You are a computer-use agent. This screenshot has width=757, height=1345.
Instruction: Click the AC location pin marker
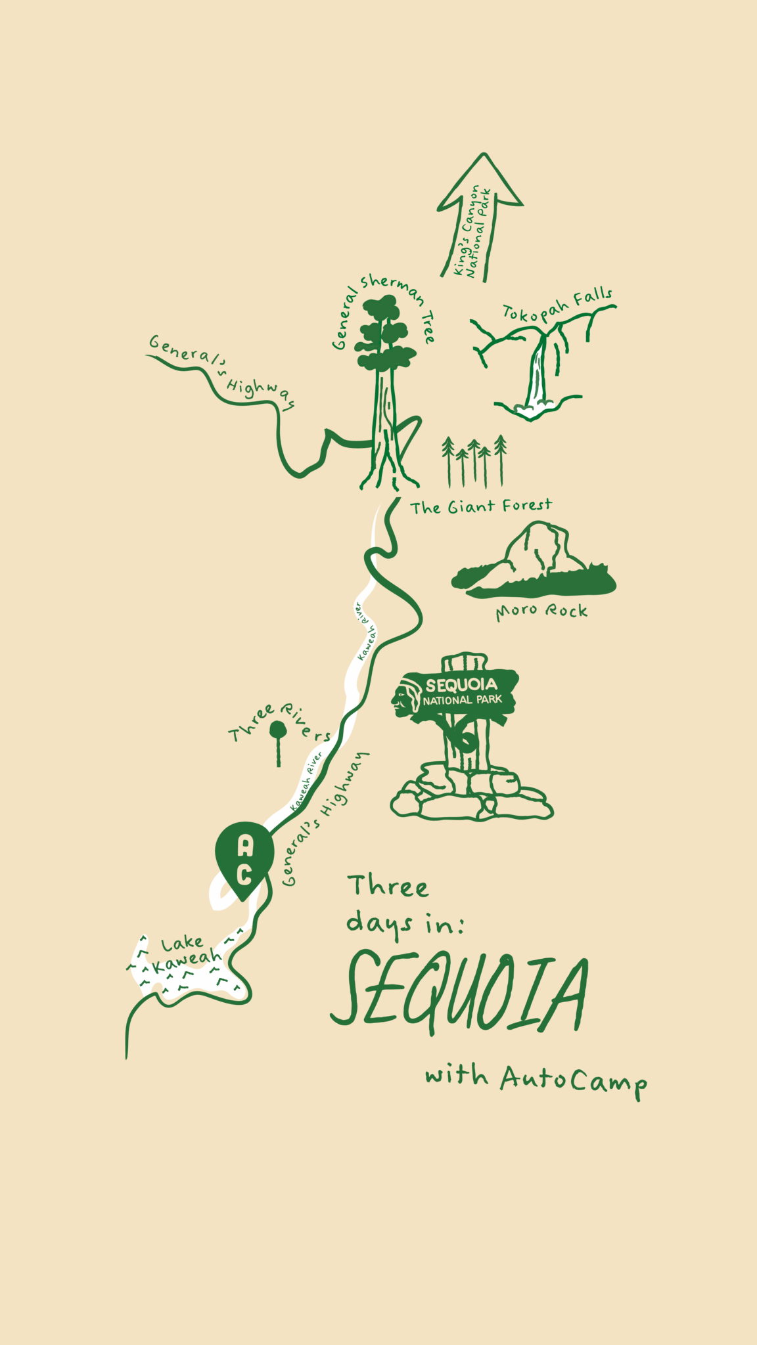click(x=244, y=858)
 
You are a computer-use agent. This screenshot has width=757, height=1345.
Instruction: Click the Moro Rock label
click(x=541, y=611)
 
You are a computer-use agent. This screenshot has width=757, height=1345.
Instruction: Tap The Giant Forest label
click(x=481, y=506)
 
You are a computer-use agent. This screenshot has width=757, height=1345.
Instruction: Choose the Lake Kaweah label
click(x=184, y=954)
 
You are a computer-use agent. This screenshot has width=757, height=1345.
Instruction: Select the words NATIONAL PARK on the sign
click(x=462, y=700)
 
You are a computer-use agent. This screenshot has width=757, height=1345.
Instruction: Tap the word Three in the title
click(x=388, y=887)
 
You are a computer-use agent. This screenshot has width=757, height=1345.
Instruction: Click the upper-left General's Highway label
click(x=220, y=372)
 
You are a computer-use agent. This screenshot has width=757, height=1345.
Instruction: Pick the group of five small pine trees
click(x=474, y=460)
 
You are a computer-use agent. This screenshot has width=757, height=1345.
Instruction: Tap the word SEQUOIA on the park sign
click(x=461, y=685)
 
